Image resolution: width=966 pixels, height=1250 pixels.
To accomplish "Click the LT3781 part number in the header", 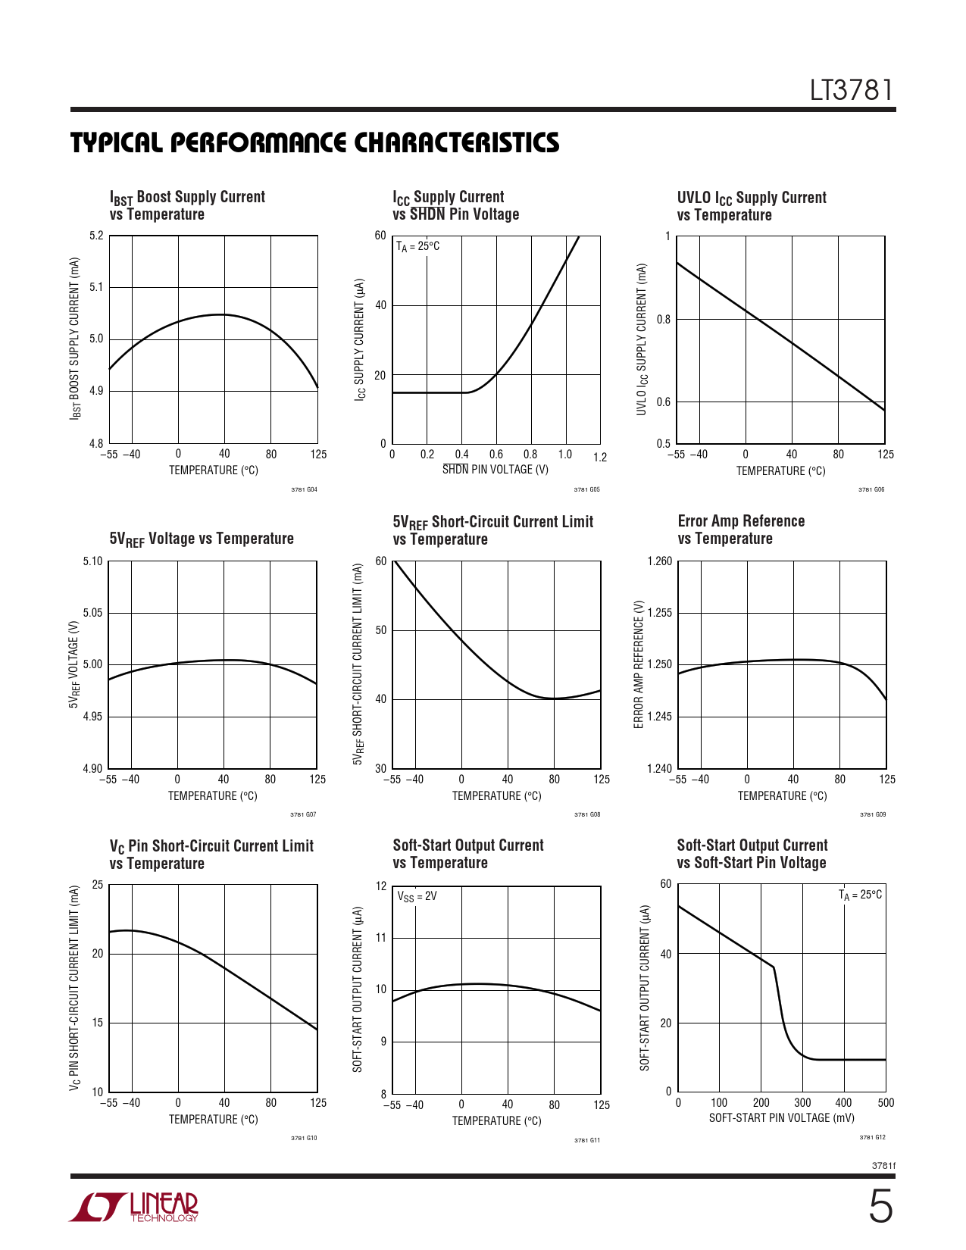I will (x=852, y=91).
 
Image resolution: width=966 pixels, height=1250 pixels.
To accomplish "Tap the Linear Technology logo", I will (x=134, y=1207).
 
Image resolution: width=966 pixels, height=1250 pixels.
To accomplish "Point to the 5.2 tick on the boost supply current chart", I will (x=96, y=236).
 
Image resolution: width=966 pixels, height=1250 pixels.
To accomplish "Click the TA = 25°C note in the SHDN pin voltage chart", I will (x=417, y=246).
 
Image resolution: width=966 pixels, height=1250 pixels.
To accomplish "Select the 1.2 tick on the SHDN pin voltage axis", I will (x=600, y=457).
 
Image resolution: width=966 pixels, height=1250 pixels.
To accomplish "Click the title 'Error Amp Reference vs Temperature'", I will (x=740, y=530).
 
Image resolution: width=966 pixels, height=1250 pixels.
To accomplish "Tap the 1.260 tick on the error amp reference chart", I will (x=660, y=561).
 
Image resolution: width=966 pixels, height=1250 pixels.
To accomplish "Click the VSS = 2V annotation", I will (x=417, y=896).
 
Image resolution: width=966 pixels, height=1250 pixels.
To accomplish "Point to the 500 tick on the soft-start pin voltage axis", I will (x=886, y=1103).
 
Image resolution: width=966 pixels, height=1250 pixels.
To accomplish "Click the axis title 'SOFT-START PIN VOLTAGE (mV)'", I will (x=781, y=1118).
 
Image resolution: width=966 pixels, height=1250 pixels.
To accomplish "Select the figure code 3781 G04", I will (x=304, y=489).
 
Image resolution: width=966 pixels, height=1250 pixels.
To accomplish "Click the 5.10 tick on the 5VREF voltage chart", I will (x=92, y=561).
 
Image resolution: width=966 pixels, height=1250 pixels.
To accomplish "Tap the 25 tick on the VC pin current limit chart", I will (x=98, y=885).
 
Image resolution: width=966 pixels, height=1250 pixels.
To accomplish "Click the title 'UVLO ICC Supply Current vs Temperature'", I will (x=751, y=206).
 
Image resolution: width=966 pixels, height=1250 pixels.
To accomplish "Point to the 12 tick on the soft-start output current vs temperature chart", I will (x=381, y=886).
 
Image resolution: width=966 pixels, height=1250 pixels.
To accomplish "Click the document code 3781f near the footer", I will (x=883, y=1166).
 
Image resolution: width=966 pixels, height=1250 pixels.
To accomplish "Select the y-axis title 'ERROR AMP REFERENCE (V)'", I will (x=639, y=664).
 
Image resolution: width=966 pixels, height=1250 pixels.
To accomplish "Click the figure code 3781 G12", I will (x=872, y=1137).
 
